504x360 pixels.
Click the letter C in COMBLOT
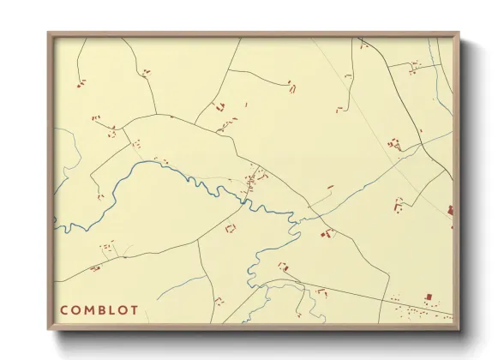(64, 309)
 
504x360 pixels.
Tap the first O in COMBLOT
(77, 309)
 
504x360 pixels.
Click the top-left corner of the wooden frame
(49, 33)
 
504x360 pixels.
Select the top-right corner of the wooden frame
(459, 33)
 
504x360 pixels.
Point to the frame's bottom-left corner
(49, 329)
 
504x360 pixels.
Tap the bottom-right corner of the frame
(459, 329)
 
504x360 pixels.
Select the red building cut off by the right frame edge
(450, 208)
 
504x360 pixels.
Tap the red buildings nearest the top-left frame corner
(81, 83)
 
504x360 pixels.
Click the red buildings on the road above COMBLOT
(95, 268)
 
